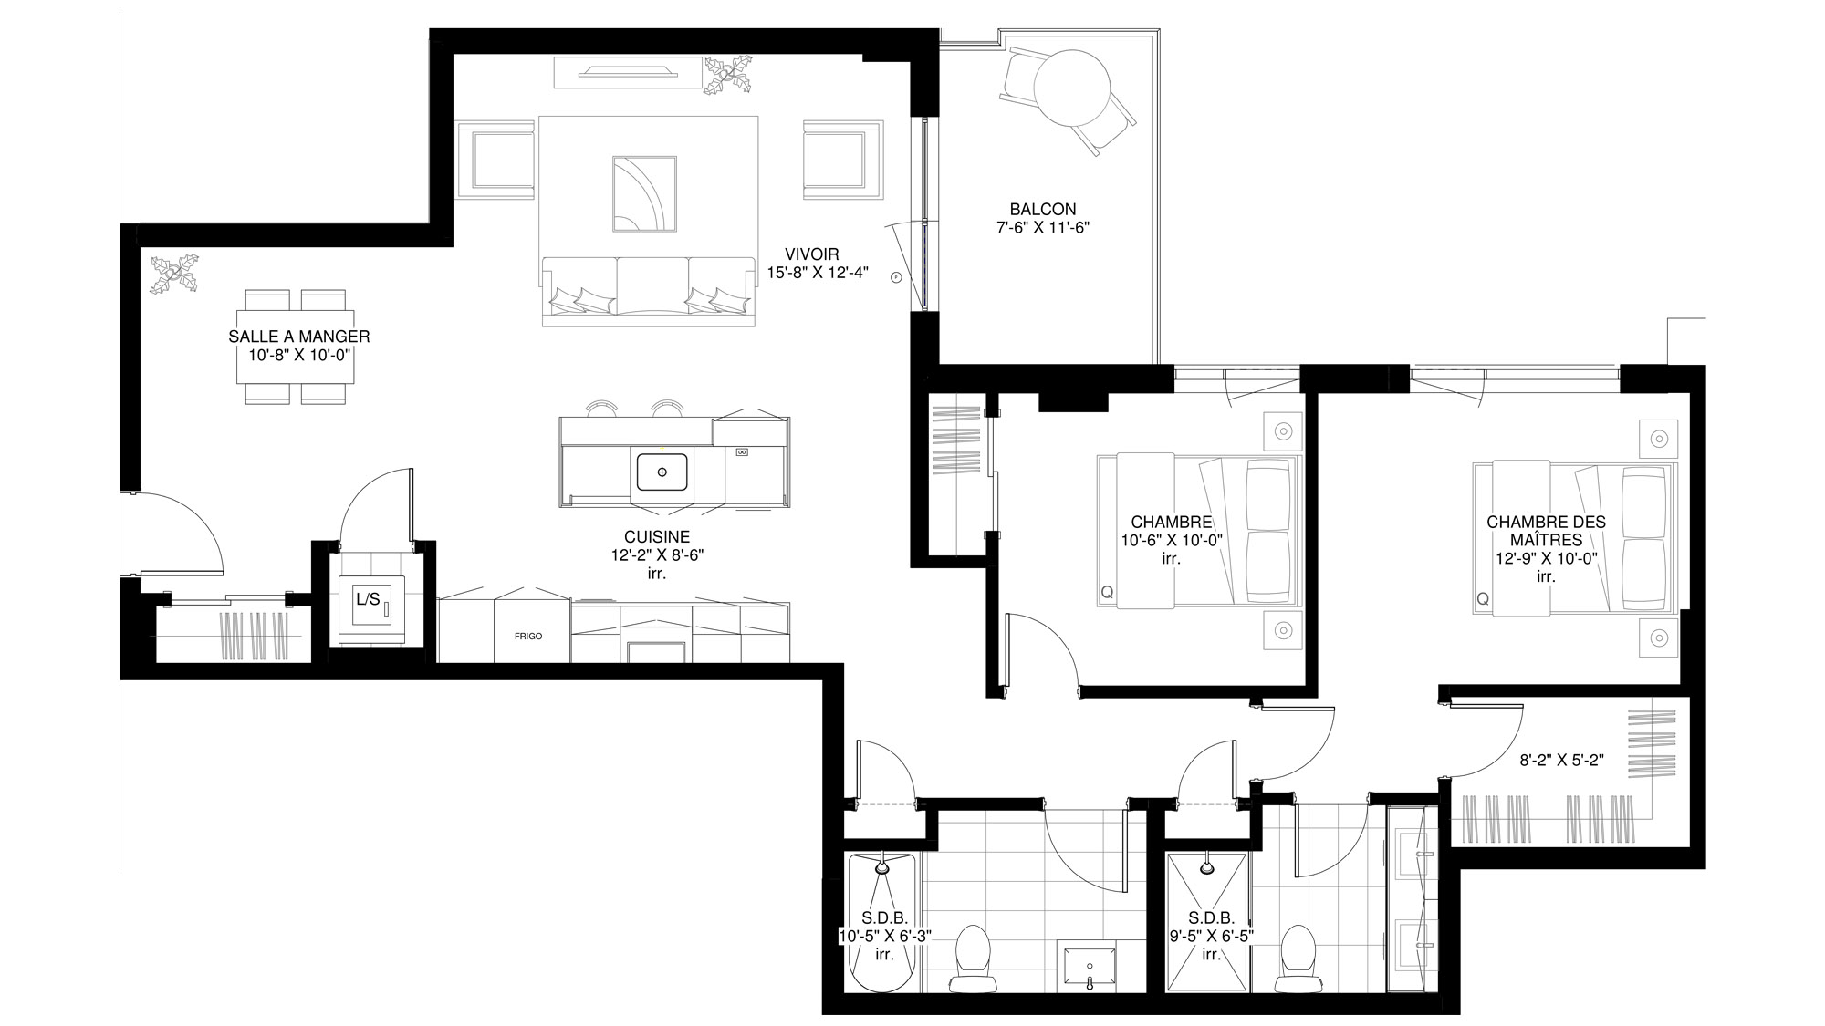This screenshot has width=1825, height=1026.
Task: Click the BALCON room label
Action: pos(1043,209)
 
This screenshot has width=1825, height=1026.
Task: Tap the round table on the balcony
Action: pos(1071,88)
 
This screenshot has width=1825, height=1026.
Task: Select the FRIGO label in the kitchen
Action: pos(528,636)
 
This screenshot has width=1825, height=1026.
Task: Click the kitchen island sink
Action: pos(662,472)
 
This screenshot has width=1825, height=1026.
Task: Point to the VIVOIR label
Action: pos(811,254)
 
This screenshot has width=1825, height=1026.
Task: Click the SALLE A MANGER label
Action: pos(299,337)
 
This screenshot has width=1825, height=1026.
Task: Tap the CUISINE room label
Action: pos(657,537)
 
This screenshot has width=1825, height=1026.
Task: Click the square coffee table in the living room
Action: pos(644,194)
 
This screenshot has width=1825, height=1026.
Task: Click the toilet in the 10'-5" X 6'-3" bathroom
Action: pos(971,958)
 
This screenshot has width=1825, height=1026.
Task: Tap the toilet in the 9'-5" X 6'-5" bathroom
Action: pos(1296,958)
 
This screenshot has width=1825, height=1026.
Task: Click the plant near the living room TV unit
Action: pos(728,75)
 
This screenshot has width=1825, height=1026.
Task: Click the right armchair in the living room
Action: pos(843,159)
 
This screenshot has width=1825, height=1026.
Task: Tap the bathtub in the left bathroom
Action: pos(882,921)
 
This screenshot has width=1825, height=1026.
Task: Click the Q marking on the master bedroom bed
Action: pos(1483,599)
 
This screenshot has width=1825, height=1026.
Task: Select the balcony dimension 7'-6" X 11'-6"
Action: pos(1044,226)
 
